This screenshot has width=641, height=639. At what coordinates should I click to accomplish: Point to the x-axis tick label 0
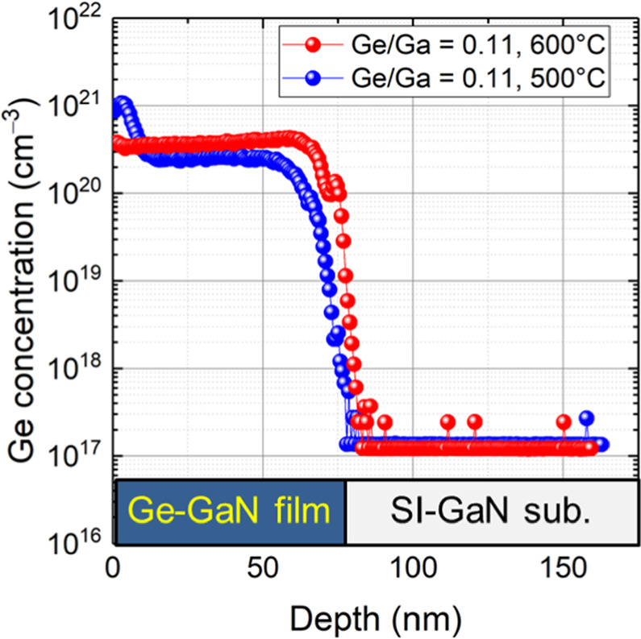pyautogui.click(x=114, y=569)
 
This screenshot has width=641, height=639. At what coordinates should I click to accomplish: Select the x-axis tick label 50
pyautogui.click(x=263, y=569)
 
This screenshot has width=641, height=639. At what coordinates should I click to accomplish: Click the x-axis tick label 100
pyautogui.click(x=412, y=569)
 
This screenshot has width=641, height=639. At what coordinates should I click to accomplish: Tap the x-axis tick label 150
pyautogui.click(x=562, y=569)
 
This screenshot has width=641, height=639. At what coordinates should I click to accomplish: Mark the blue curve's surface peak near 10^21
pyautogui.click(x=122, y=104)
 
